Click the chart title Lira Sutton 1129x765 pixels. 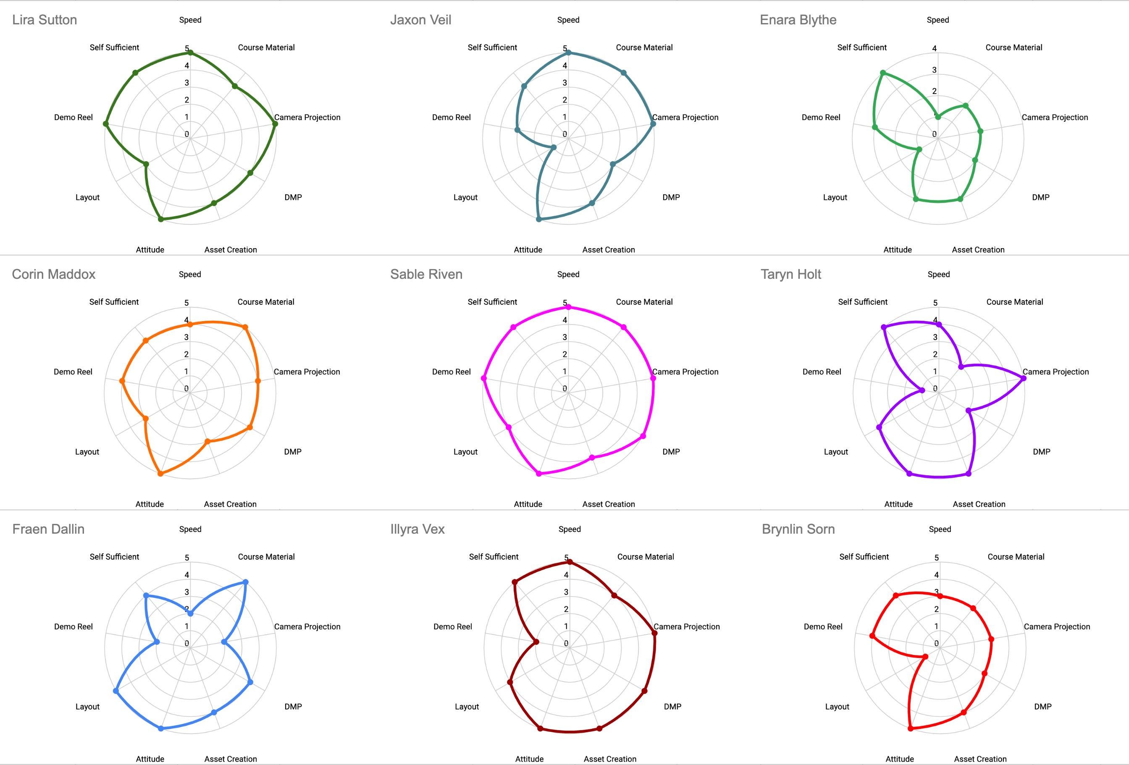45,20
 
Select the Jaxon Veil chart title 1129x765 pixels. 421,20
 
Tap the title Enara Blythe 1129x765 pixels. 798,20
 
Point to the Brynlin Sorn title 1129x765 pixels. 798,529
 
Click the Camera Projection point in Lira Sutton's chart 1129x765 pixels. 275,124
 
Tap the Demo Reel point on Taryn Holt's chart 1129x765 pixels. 922,390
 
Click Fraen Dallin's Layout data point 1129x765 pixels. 116,691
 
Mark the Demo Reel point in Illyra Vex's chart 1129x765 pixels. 536,642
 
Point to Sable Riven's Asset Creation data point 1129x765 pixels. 592,458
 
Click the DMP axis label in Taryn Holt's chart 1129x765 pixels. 1042,452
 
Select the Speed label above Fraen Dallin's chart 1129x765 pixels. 190,529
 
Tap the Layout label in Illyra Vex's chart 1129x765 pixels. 467,707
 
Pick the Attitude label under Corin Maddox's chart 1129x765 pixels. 150,504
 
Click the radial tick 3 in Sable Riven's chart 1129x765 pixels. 564,337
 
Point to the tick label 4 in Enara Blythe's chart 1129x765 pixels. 934,49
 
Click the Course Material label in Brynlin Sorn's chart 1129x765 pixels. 1016,557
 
